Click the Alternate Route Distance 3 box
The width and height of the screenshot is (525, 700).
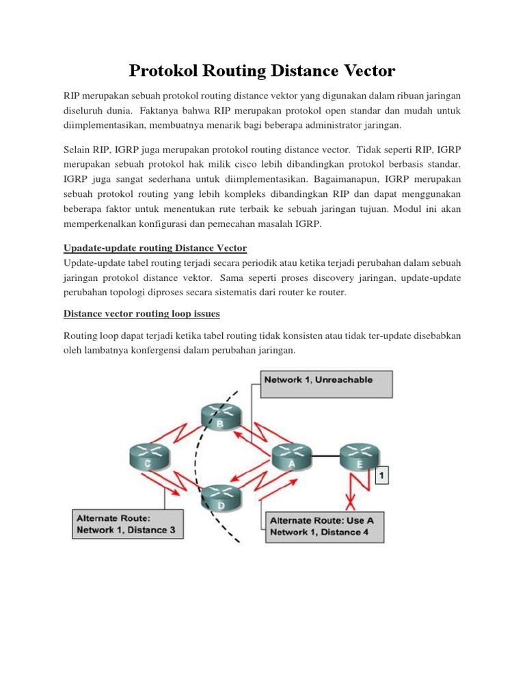pyautogui.click(x=127, y=524)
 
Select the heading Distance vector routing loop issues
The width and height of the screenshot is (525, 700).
pyautogui.click(x=142, y=314)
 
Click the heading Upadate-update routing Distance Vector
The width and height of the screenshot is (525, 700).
pyautogui.click(x=155, y=247)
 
